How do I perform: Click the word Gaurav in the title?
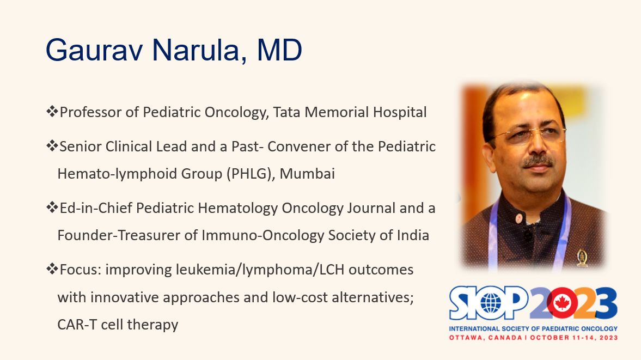coord(94,50)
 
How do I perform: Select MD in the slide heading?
coord(279,50)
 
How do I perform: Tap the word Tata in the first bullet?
coord(286,112)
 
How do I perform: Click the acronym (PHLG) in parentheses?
coord(250,174)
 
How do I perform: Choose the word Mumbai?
coord(307,174)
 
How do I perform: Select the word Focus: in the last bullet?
coord(80,270)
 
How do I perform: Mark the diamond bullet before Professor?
coord(52,111)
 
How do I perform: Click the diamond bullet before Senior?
coord(52,145)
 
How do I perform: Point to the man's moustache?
coord(538,161)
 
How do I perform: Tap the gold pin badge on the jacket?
coord(582,258)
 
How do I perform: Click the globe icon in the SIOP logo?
coord(491,303)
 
